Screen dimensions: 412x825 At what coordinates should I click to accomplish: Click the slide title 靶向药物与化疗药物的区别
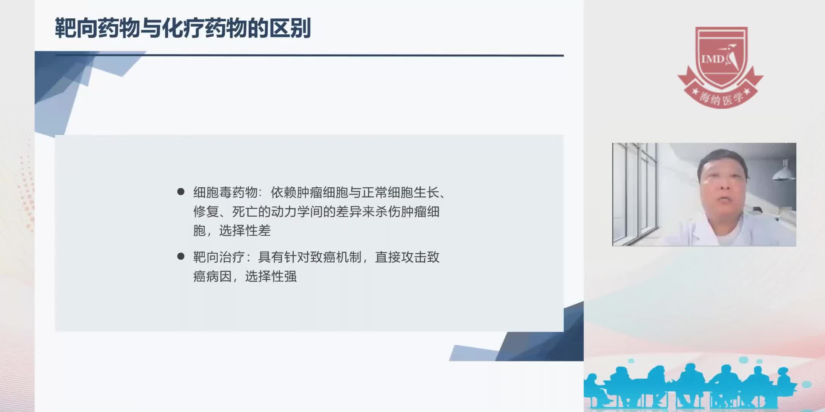[x=183, y=28]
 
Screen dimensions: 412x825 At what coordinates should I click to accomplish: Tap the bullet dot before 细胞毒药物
[x=181, y=192]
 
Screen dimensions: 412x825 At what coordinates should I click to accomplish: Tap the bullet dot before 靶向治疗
[x=181, y=256]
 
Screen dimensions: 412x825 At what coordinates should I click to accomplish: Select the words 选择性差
[x=245, y=230]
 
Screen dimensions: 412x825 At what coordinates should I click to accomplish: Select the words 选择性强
[x=271, y=276]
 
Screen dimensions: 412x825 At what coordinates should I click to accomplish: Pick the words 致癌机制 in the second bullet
[x=336, y=257]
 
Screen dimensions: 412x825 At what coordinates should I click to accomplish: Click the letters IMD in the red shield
[x=712, y=59]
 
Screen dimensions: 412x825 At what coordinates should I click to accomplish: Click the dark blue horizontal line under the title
[x=309, y=56]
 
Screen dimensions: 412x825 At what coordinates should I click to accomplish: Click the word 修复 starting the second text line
[x=206, y=211]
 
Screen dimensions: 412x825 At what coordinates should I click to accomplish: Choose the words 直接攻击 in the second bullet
[x=401, y=257]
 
